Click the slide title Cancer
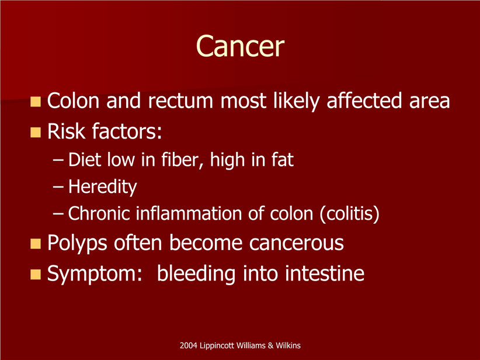[x=240, y=46]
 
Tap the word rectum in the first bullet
[x=180, y=101]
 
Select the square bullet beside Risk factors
[x=36, y=132]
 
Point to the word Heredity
[x=103, y=186]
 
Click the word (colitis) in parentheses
[x=350, y=213]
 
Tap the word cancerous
[x=296, y=243]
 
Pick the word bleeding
[x=196, y=274]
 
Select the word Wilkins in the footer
[x=288, y=345]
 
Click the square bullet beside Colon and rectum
[x=36, y=102]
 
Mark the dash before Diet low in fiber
[x=58, y=160]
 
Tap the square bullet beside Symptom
[x=36, y=274]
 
